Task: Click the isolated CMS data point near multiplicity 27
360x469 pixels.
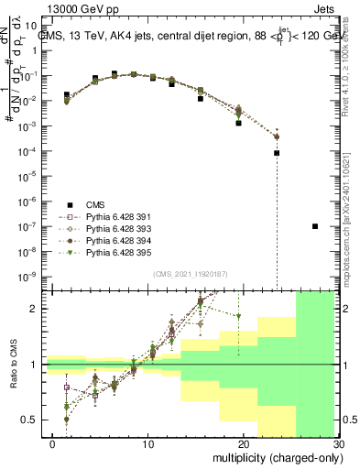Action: pyautogui.click(x=315, y=226)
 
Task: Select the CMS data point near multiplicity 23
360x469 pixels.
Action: pyautogui.click(x=277, y=153)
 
